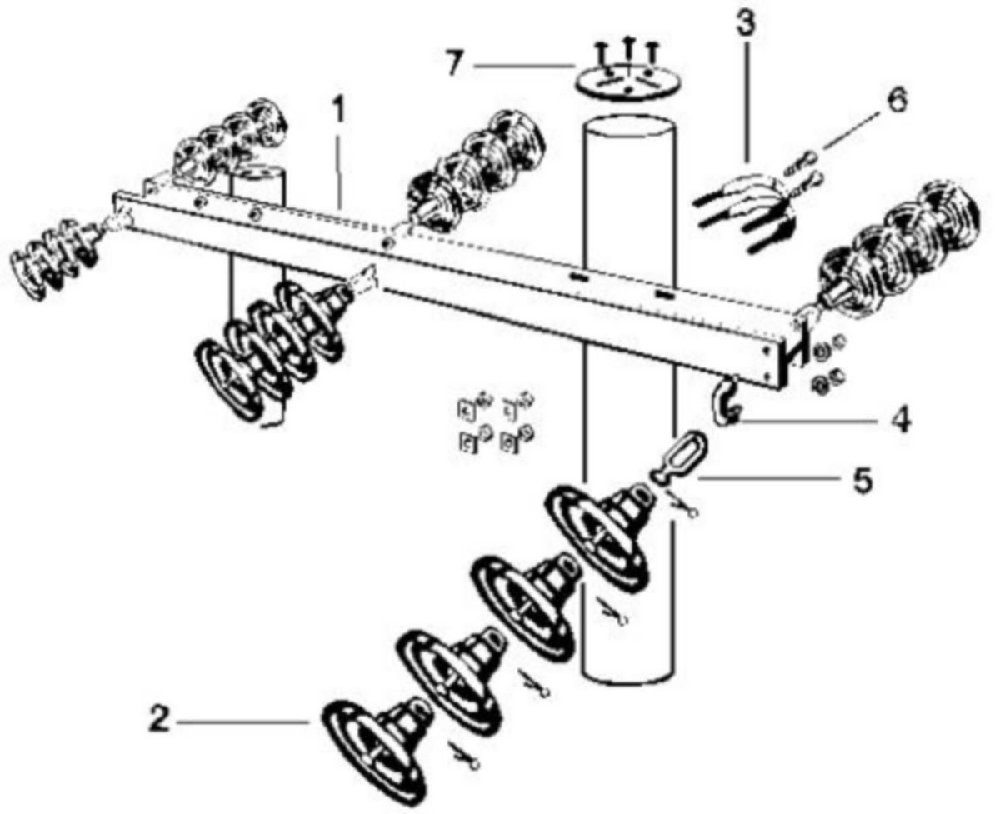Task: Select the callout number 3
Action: pyautogui.click(x=747, y=22)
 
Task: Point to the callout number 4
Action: pyautogui.click(x=899, y=420)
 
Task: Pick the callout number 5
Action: pyautogui.click(x=862, y=480)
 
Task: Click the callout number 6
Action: pyautogui.click(x=896, y=100)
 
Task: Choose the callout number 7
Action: pyautogui.click(x=454, y=64)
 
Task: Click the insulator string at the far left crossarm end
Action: pyautogui.click(x=57, y=258)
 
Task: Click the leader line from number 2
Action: pyautogui.click(x=243, y=722)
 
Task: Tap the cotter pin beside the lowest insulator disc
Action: pyautogui.click(x=465, y=757)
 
